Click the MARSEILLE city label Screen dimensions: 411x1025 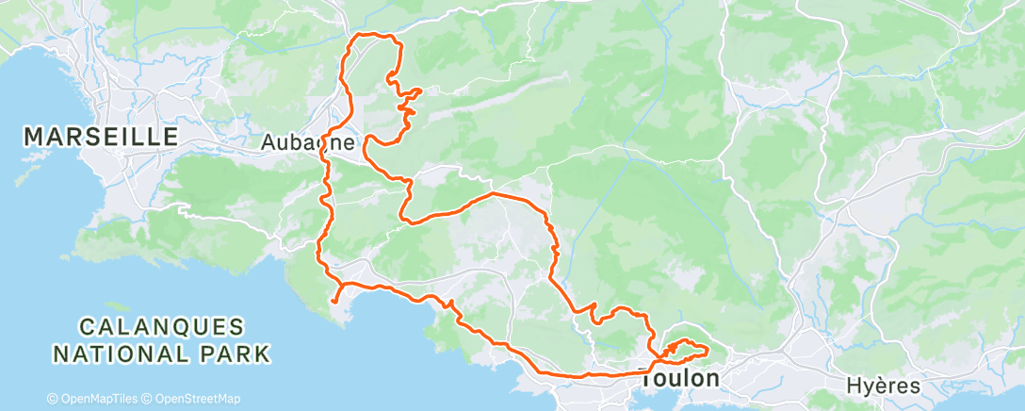pos(100,137)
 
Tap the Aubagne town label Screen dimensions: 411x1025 pos(308,143)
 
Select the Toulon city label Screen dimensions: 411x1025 pos(679,378)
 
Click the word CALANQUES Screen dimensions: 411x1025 pos(161,327)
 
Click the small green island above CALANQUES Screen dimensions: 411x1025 pos(117,307)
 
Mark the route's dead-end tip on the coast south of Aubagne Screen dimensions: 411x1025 pos(334,303)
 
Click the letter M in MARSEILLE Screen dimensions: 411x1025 pos(34,137)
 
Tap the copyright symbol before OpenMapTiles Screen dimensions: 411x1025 pos(52,399)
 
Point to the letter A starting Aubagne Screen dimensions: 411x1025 pos(267,143)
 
